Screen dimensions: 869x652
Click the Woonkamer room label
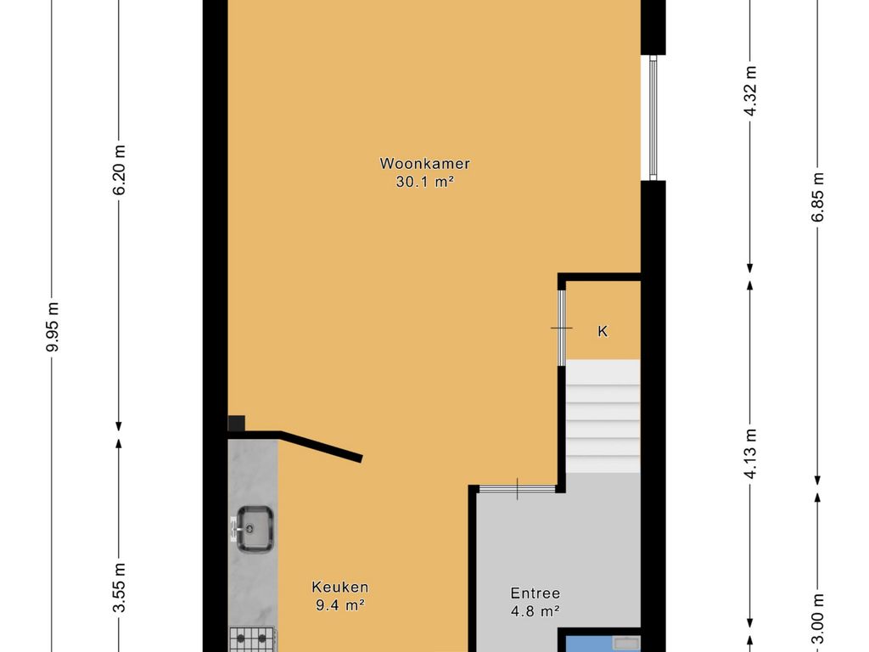coord(424,164)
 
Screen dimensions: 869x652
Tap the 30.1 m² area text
coord(425,182)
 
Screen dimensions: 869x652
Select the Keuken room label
coord(339,587)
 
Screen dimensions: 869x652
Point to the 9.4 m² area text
coord(339,604)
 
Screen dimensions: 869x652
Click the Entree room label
coord(535,593)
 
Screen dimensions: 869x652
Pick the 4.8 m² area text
coord(535,611)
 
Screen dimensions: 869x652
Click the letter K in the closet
coord(603,332)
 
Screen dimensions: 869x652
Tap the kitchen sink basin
coord(254,529)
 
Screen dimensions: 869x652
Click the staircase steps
coord(603,416)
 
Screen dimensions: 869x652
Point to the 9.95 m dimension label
coord(53,327)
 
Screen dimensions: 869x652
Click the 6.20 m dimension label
coord(119,170)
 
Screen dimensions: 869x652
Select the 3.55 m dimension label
coord(119,587)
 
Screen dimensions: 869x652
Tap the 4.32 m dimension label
coord(750,90)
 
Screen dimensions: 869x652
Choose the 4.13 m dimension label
coord(750,453)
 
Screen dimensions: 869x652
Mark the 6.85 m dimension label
coord(818,197)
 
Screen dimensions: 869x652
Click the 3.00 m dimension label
coord(818,619)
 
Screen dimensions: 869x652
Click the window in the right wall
coord(653,117)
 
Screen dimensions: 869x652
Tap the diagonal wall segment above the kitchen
coord(321,447)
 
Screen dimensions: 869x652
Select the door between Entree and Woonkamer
coord(517,489)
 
